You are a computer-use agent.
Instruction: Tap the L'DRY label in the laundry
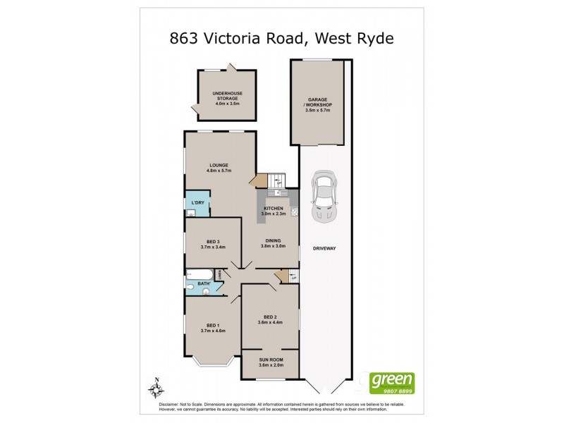(197, 203)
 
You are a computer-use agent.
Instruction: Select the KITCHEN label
(274, 209)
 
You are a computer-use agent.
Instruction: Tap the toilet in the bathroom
(190, 287)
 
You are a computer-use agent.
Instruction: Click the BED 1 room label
(211, 325)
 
